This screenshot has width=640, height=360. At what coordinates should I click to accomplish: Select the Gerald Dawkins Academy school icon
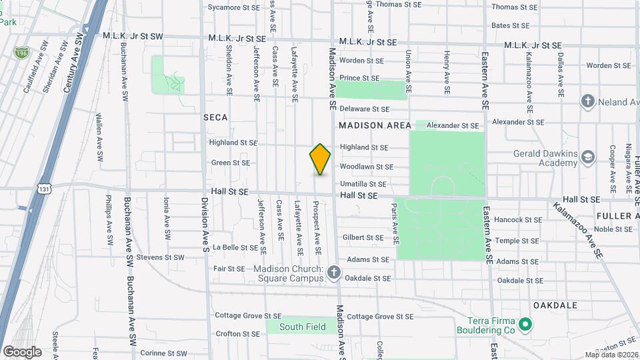588,157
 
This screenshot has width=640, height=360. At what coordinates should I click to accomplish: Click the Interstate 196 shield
23,51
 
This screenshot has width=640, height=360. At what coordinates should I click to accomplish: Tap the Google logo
22,352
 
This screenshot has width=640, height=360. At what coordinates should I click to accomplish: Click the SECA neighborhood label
215,117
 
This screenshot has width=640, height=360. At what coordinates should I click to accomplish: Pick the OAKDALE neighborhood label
555,305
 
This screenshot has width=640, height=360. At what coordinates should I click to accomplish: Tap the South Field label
303,327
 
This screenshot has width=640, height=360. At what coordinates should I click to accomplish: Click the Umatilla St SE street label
363,184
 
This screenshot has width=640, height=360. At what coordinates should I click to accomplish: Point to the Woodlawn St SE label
366,167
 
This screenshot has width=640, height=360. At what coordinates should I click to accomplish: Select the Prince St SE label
359,78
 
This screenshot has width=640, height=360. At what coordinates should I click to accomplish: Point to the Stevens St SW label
160,257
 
